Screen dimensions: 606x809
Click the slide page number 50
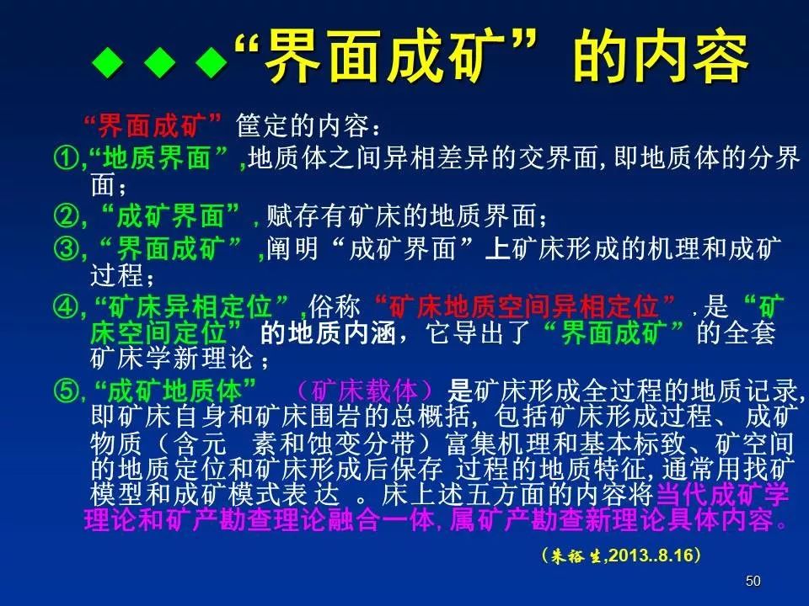point(753,581)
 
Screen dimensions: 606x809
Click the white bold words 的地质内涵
point(325,332)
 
